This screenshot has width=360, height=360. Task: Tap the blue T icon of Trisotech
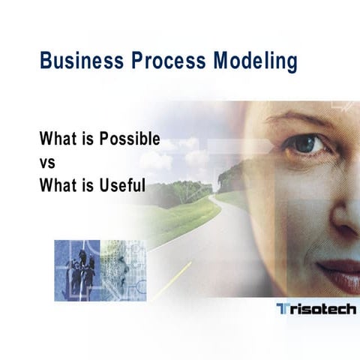(x=281, y=309)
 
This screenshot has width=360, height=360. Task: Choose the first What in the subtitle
(x=58, y=140)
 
